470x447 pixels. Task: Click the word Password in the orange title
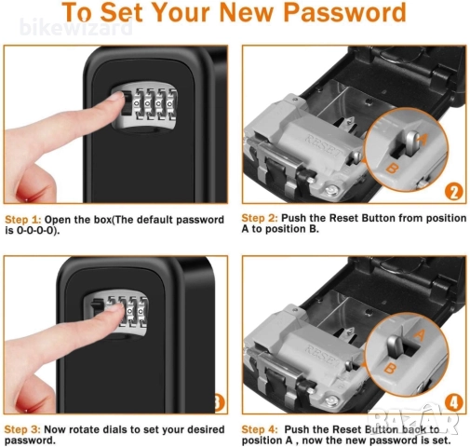(344, 12)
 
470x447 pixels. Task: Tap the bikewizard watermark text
(76, 28)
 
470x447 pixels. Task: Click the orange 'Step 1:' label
(22, 220)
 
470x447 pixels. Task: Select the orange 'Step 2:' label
(260, 218)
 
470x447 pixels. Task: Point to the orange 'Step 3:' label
(22, 429)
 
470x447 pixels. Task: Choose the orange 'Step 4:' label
(260, 429)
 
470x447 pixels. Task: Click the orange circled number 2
(454, 192)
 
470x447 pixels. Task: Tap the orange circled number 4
(454, 403)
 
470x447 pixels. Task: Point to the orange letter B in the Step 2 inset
(393, 169)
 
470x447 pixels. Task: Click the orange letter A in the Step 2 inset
(422, 140)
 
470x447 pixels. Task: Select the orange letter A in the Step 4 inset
(419, 335)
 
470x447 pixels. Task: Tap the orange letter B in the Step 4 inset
(391, 368)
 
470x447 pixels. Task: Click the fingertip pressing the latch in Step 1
(117, 97)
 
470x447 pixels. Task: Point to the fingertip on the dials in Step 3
(117, 309)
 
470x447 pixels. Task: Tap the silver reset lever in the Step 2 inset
(410, 142)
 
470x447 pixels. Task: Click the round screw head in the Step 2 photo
(330, 189)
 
